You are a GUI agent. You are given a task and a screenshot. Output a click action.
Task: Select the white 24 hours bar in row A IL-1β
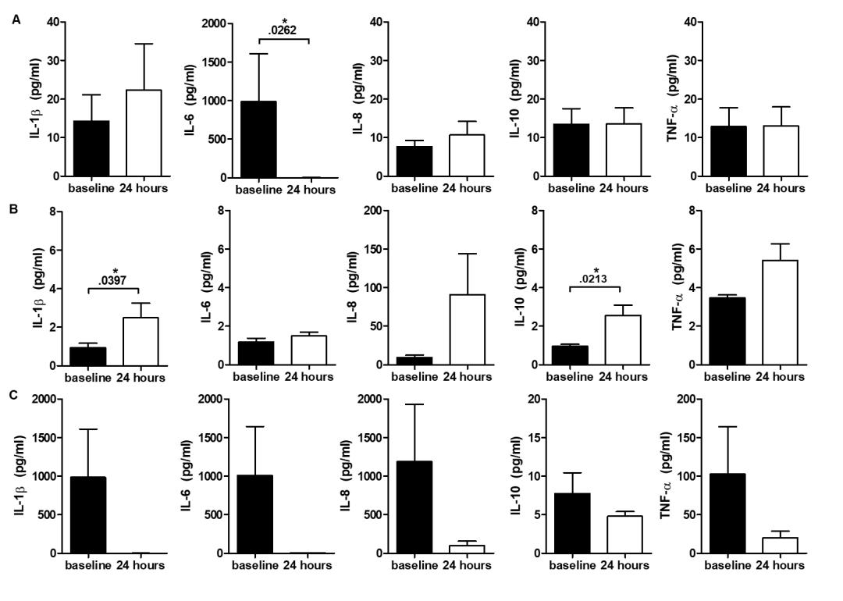point(143,133)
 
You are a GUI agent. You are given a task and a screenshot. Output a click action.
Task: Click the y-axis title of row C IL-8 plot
point(344,476)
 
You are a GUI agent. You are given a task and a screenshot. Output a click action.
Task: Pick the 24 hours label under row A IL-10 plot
point(624,188)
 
